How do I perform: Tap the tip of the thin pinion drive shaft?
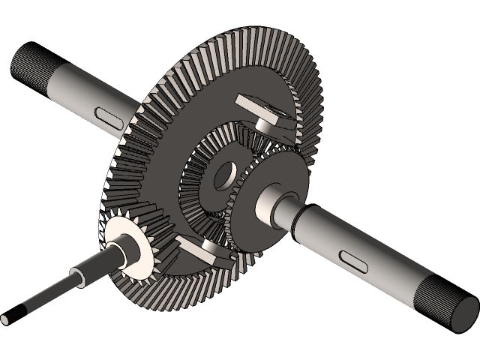click(5, 319)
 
